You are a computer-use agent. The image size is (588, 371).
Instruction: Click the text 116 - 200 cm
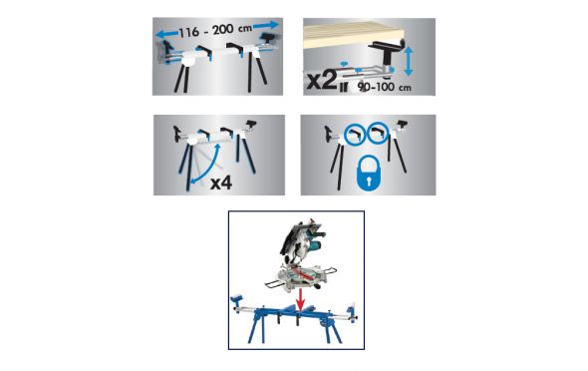(x=215, y=30)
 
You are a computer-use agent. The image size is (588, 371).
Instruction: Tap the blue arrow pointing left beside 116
(x=166, y=34)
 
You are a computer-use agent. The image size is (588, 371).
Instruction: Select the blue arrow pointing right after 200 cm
(x=266, y=25)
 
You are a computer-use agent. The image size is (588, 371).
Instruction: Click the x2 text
(x=322, y=81)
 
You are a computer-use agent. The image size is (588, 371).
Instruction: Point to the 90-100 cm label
(x=385, y=87)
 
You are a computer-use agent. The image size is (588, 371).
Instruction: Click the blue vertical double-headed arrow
(x=409, y=61)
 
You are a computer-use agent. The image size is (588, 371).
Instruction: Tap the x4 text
(x=221, y=184)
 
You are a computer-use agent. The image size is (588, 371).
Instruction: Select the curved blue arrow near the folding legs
(x=205, y=164)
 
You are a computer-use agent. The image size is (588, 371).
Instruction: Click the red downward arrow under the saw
(x=300, y=299)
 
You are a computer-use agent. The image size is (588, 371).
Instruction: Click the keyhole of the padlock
(x=368, y=181)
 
